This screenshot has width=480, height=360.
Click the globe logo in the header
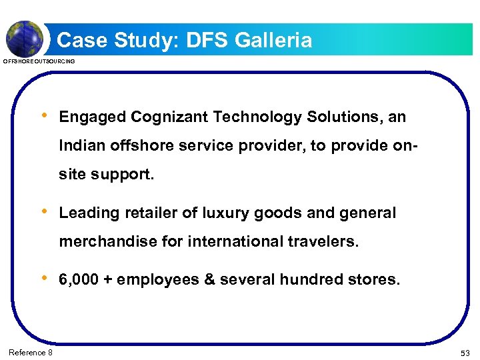(24, 38)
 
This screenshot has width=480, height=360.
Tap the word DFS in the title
(207, 41)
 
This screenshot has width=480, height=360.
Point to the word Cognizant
(170, 117)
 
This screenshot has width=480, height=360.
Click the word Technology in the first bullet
(258, 117)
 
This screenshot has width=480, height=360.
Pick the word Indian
(80, 145)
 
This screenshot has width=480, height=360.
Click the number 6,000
(79, 280)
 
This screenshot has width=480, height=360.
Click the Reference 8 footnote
(31, 351)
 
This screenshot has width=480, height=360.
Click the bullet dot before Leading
(44, 212)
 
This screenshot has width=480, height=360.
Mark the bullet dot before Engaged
(44, 116)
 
